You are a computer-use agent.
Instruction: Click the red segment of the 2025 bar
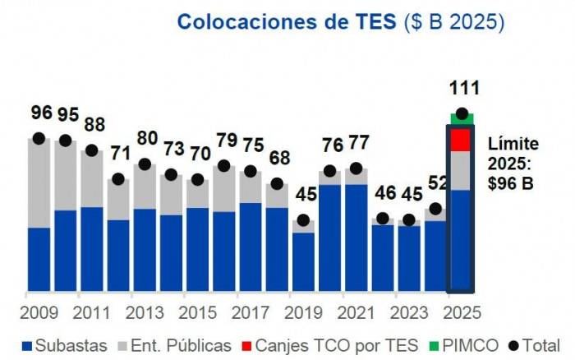coord(461,140)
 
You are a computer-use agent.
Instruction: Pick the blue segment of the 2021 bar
coord(356,238)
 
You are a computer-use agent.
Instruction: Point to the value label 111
coord(463,89)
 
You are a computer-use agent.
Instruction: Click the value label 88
coord(94,125)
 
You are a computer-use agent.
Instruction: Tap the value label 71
coord(121,153)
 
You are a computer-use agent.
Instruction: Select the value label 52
coord(439,183)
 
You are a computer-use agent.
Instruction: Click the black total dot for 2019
coord(303,220)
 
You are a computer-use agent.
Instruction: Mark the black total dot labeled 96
coord(39,138)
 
